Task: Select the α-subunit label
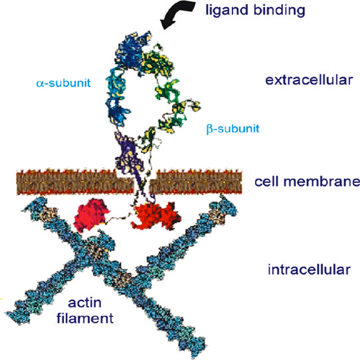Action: click(x=63, y=83)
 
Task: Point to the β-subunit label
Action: click(x=233, y=129)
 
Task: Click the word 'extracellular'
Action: click(x=309, y=80)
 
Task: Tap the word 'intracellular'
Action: click(x=309, y=269)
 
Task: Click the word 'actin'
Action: click(x=84, y=303)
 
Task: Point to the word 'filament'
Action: click(x=85, y=318)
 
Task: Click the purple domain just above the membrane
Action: click(x=128, y=153)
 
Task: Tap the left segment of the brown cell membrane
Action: click(x=74, y=182)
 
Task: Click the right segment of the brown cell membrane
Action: click(x=196, y=182)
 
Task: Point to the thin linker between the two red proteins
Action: click(x=120, y=217)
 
